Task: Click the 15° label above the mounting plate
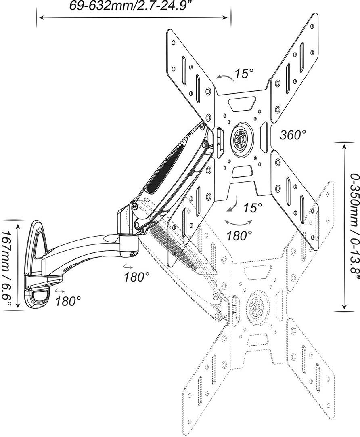[244, 74]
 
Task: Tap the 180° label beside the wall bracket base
[68, 301]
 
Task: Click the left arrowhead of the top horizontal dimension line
[39, 17]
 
